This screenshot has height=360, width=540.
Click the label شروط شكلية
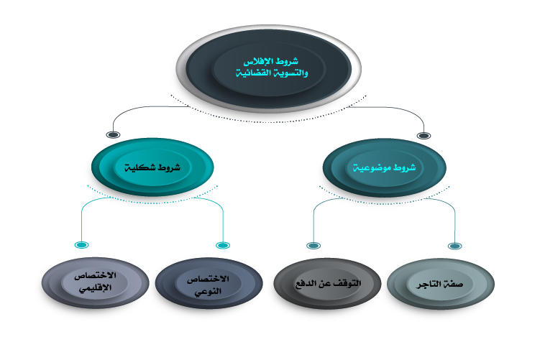(152, 167)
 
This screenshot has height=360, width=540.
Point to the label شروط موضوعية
(383, 167)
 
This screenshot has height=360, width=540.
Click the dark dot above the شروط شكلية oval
(113, 134)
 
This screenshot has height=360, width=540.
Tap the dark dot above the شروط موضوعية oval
(424, 134)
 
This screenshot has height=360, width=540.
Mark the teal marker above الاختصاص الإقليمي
(81, 245)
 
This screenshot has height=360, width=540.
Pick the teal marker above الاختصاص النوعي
(223, 245)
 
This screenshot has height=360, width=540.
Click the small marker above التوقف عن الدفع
(313, 245)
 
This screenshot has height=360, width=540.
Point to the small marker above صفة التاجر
(454, 245)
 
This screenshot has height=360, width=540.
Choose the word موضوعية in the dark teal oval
(373, 167)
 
